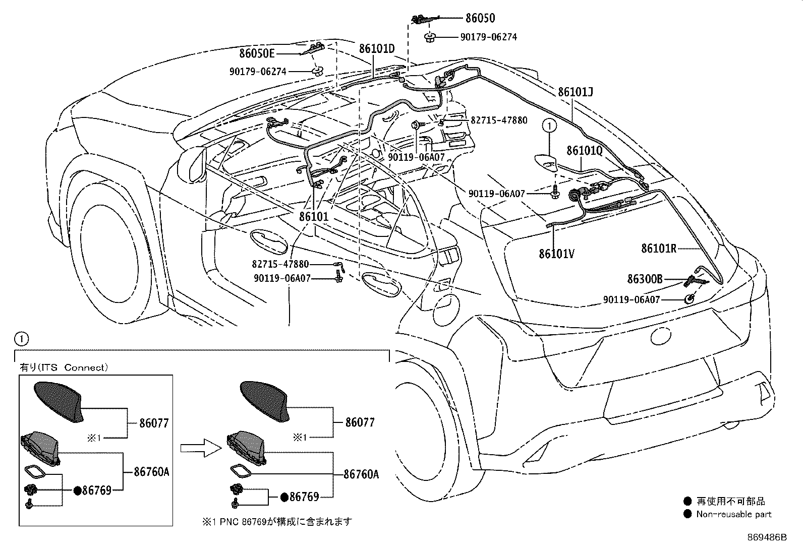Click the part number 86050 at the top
[x=480, y=18]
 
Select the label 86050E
[x=257, y=53]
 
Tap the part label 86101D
[x=377, y=48]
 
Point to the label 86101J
[x=576, y=92]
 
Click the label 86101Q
[x=584, y=151]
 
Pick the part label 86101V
[x=557, y=254]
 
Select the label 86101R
[x=659, y=248]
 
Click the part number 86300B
[x=645, y=279]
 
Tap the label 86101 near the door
[x=314, y=216]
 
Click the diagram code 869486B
[x=767, y=537]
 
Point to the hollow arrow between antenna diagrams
[x=201, y=448]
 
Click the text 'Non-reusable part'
[x=733, y=514]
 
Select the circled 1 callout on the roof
[x=549, y=126]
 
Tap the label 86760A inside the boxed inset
[x=151, y=472]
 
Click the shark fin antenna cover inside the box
[x=59, y=401]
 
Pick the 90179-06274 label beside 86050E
[x=258, y=72]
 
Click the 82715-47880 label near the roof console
[x=499, y=120]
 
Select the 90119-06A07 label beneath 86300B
[x=632, y=299]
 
